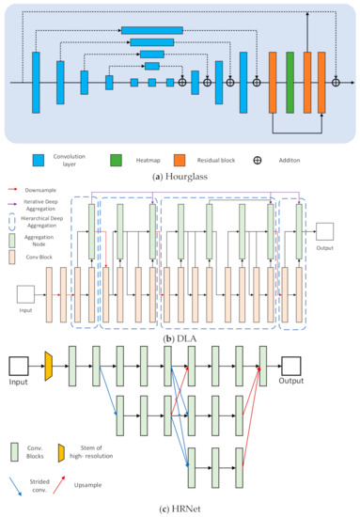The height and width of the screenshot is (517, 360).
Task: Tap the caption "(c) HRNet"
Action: pyautogui.click(x=180, y=509)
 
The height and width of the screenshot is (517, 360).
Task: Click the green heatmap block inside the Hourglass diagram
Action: pyautogui.click(x=290, y=82)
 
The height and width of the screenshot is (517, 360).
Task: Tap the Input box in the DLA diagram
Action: pyautogui.click(x=26, y=294)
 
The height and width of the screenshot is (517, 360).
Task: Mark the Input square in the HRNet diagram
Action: pyautogui.click(x=19, y=365)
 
